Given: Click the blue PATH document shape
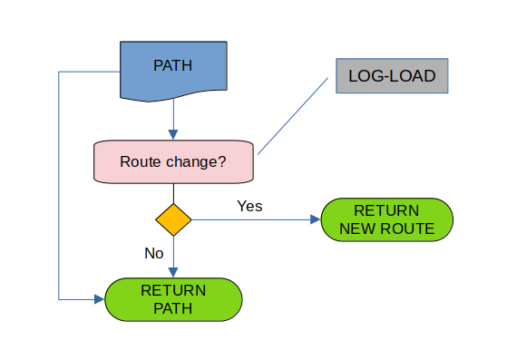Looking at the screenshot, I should click(x=173, y=67).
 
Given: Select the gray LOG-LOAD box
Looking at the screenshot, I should click(x=391, y=76).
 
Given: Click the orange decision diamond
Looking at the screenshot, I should click(x=173, y=220).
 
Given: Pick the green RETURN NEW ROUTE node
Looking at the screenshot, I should click(x=386, y=219).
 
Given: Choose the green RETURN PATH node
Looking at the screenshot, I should click(x=173, y=299).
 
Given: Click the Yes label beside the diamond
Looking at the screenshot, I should click(x=249, y=206).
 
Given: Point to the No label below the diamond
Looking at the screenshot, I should click(x=154, y=253).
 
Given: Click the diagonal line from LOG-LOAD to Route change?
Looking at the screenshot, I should click(x=292, y=115).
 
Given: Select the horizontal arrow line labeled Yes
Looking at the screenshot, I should click(x=254, y=220).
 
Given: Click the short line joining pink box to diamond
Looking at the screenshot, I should click(x=173, y=192).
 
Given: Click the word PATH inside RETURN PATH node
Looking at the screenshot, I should click(x=173, y=308).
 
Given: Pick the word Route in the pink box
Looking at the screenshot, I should click(x=140, y=162).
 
